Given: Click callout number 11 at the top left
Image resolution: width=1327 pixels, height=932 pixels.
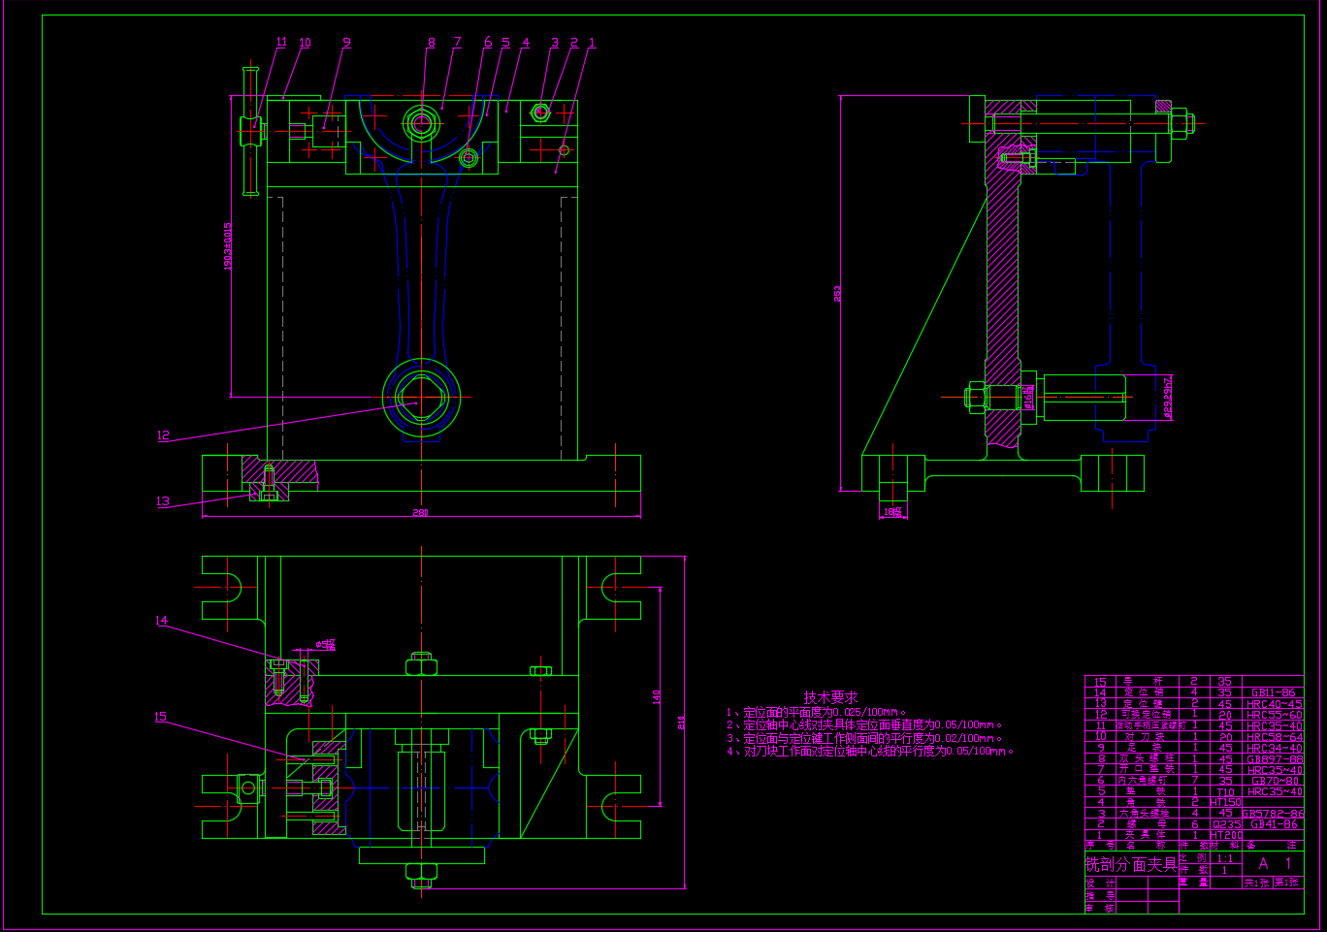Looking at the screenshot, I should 281,43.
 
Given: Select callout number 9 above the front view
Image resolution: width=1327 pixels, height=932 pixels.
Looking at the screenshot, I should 346,43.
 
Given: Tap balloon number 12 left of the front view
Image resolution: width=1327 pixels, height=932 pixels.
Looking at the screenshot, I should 163,435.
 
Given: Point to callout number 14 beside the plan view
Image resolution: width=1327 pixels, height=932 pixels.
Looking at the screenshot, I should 161,621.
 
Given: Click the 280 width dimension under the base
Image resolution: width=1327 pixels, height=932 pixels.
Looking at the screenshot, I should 420,512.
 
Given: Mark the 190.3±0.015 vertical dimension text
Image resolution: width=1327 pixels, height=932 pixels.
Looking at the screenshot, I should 229,246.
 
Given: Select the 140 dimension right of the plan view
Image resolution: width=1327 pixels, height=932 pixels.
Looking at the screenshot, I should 657,696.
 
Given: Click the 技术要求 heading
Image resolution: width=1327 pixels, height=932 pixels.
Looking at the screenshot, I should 830,697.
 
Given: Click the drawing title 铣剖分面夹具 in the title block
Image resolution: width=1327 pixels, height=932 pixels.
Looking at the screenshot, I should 1131,864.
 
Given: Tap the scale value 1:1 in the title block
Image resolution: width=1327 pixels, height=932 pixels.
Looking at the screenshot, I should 1226,858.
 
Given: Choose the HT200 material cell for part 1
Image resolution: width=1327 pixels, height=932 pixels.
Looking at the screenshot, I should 1226,835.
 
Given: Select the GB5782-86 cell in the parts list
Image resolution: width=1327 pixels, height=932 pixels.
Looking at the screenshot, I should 1273,814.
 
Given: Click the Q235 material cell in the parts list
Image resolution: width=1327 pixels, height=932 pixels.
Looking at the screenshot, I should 1226,824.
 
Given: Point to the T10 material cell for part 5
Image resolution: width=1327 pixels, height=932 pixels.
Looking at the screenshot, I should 1226,792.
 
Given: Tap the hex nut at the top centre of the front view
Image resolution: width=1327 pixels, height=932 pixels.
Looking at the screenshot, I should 422,123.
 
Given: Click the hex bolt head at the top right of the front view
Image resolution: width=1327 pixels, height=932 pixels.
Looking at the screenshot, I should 540,112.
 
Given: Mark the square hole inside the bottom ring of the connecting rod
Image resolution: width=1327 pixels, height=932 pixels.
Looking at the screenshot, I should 422,398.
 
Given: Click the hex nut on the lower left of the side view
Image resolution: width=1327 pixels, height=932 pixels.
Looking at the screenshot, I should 976,396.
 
